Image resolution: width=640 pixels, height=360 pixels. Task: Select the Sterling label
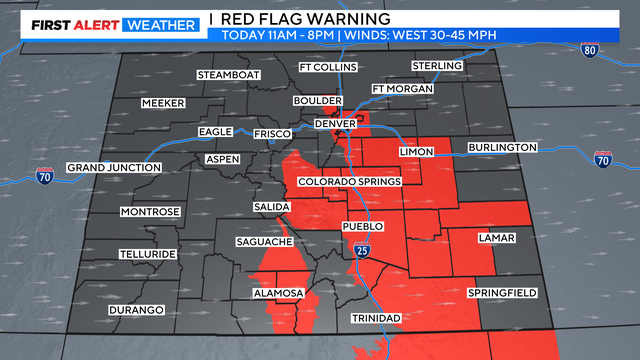[437, 66]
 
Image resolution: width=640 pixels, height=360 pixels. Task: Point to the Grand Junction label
[113, 167]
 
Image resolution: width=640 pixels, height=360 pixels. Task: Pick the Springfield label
[502, 292]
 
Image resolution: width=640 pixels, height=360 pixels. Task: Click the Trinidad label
[376, 318]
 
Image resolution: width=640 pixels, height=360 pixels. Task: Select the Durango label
[136, 310]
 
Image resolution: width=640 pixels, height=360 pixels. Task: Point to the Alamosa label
[277, 292]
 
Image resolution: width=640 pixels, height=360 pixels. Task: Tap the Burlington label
[502, 147]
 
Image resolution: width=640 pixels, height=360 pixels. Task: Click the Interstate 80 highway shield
[592, 48]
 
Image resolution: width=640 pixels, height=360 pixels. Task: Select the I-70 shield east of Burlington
[602, 159]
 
